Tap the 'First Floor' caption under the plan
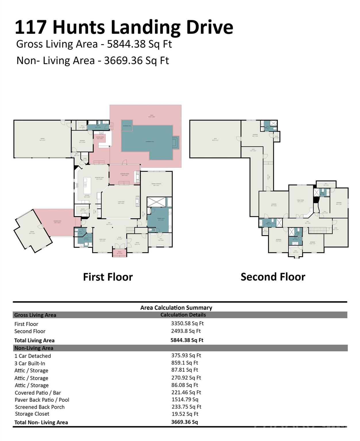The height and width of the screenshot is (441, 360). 108,277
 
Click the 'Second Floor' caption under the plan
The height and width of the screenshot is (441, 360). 273,277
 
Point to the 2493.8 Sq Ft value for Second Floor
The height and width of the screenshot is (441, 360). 186,331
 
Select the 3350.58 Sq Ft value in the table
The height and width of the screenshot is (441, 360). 187,323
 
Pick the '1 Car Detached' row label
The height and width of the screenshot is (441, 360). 32,356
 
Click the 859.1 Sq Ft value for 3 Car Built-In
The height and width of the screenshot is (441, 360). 184,363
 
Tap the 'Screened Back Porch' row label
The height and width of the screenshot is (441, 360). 40,407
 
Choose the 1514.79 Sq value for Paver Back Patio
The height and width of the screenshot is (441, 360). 185,400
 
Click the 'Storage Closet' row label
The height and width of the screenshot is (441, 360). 32,414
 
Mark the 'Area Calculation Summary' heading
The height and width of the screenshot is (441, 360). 176,308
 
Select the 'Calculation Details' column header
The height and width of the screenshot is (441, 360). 183,315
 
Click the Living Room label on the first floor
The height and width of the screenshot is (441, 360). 121,202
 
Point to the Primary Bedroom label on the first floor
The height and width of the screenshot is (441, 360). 156,184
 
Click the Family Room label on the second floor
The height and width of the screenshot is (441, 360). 300,201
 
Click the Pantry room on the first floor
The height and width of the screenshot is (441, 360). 82,210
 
